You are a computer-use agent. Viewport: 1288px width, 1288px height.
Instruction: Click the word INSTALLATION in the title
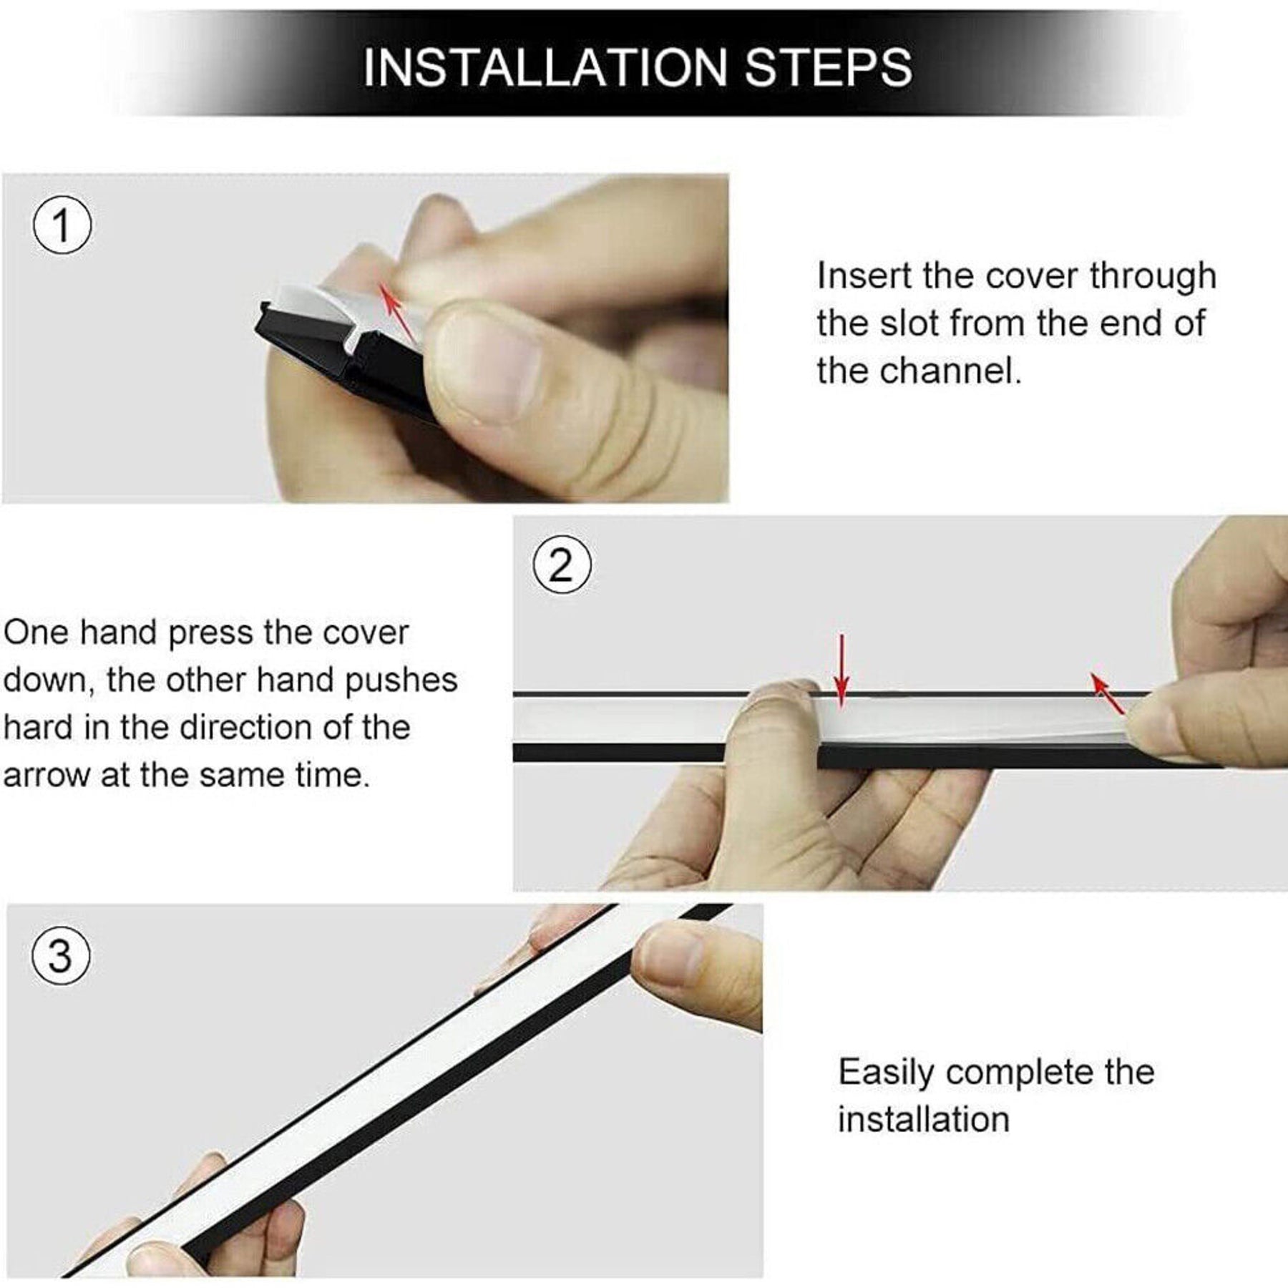546,68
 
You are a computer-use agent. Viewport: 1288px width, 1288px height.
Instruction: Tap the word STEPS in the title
829,68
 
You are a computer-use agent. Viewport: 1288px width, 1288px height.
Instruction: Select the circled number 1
62,226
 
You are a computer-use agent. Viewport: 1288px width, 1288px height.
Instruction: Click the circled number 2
562,566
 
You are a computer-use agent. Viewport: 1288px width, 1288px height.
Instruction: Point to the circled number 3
61,956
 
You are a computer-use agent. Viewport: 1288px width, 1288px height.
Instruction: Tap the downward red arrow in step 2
842,670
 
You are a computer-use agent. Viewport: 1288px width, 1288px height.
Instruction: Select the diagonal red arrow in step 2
1108,692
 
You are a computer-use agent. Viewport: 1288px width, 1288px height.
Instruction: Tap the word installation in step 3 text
924,1120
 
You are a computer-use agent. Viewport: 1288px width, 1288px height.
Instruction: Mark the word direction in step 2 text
245,728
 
